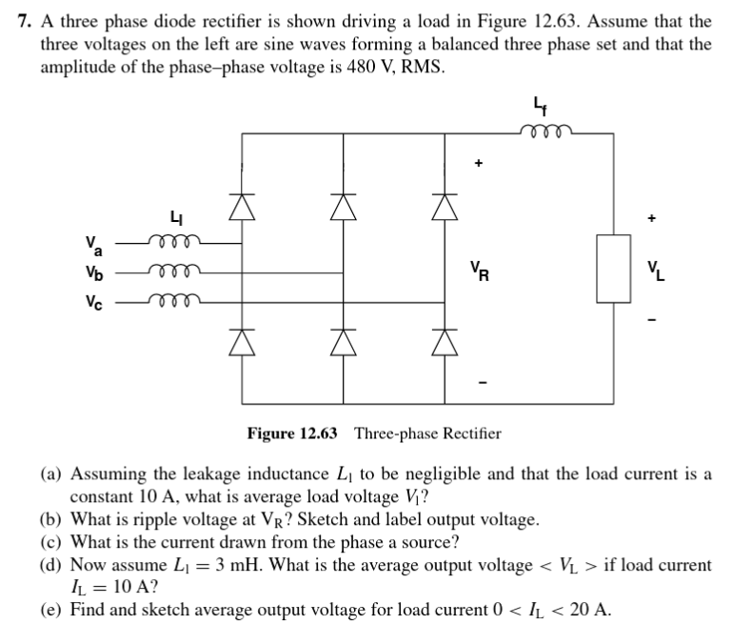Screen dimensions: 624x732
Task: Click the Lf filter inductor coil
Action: pyautogui.click(x=546, y=132)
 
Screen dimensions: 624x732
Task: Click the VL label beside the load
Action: pyautogui.click(x=655, y=271)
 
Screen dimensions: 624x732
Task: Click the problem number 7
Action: pyautogui.click(x=26, y=21)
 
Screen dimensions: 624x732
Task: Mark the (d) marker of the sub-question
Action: pyautogui.click(x=51, y=565)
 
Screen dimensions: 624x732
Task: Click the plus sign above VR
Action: pyautogui.click(x=481, y=163)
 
